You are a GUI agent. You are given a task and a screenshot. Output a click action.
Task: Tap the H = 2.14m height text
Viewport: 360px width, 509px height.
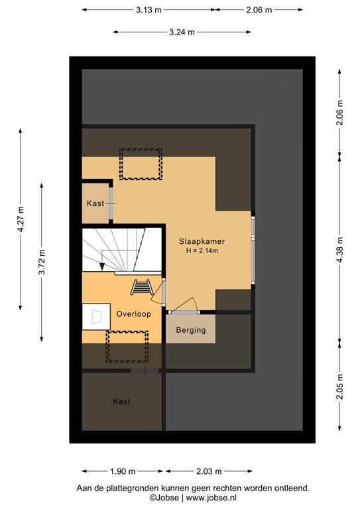pyautogui.click(x=202, y=251)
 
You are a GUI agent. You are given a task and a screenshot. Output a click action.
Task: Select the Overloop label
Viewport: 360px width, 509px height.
pyautogui.click(x=133, y=314)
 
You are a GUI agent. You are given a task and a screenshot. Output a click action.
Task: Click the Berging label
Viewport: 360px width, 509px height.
pyautogui.click(x=190, y=330)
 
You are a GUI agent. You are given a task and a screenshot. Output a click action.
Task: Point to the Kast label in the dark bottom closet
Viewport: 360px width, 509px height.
pyautogui.click(x=121, y=402)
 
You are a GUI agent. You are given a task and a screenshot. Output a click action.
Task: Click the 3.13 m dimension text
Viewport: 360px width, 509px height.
pyautogui.click(x=149, y=10)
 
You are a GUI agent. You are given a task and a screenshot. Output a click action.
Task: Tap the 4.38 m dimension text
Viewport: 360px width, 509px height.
pyautogui.click(x=340, y=249)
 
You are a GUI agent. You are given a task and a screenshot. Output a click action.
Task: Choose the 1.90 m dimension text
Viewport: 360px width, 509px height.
pyautogui.click(x=122, y=471)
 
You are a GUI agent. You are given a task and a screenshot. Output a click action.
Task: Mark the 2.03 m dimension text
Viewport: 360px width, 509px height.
pyautogui.click(x=209, y=471)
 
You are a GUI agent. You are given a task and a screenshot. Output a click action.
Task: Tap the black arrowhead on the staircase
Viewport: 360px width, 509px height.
pyautogui.click(x=102, y=266)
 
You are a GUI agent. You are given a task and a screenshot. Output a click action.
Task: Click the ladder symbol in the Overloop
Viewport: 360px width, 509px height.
pyautogui.click(x=141, y=287)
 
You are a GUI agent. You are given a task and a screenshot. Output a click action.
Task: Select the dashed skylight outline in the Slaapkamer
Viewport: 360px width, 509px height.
pyautogui.click(x=141, y=164)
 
